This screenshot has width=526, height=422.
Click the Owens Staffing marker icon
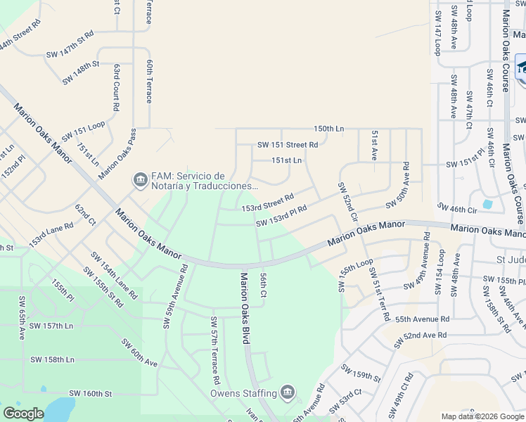coord(287,392)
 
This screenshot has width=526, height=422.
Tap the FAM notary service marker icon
coord(140,181)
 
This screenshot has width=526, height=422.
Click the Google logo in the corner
coord(23,414)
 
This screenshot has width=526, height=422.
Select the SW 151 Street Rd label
coord(288,145)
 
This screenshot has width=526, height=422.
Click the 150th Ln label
coord(329,129)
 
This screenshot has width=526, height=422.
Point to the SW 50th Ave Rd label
coord(397,184)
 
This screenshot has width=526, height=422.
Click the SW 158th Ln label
coord(52,359)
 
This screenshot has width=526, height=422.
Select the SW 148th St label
coord(86,72)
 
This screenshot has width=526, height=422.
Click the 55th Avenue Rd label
coord(422,319)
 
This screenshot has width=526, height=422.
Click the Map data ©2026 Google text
coord(482,416)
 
